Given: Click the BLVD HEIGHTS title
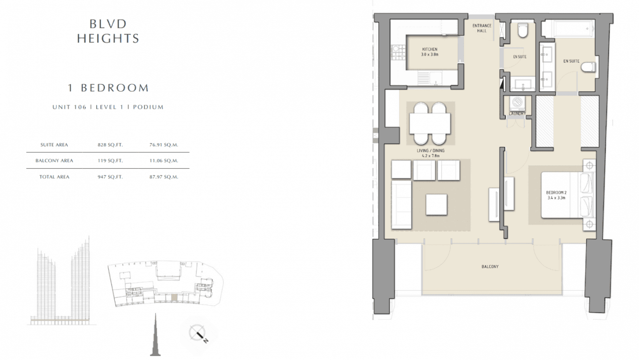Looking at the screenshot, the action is pos(108,31).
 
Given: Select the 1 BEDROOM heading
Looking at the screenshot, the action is pos(108,88).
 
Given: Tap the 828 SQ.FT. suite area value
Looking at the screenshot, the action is pos(110,145).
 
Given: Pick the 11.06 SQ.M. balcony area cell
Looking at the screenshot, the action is pos(164,161).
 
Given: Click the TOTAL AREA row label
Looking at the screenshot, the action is pos(54,177).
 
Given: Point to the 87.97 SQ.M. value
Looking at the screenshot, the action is pos(164,177).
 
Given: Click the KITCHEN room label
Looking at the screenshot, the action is pos(430,49).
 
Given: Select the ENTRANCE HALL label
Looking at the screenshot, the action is pos(482,28).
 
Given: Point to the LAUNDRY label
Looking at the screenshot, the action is pos(517,113).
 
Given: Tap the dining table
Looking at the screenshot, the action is pos(430,123).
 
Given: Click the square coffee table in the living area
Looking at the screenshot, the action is pos(436,205).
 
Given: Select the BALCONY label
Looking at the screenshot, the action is pos(490,267).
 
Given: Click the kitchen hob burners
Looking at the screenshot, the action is pos(398,53).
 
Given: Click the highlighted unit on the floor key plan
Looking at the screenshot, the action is pos(174,297).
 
